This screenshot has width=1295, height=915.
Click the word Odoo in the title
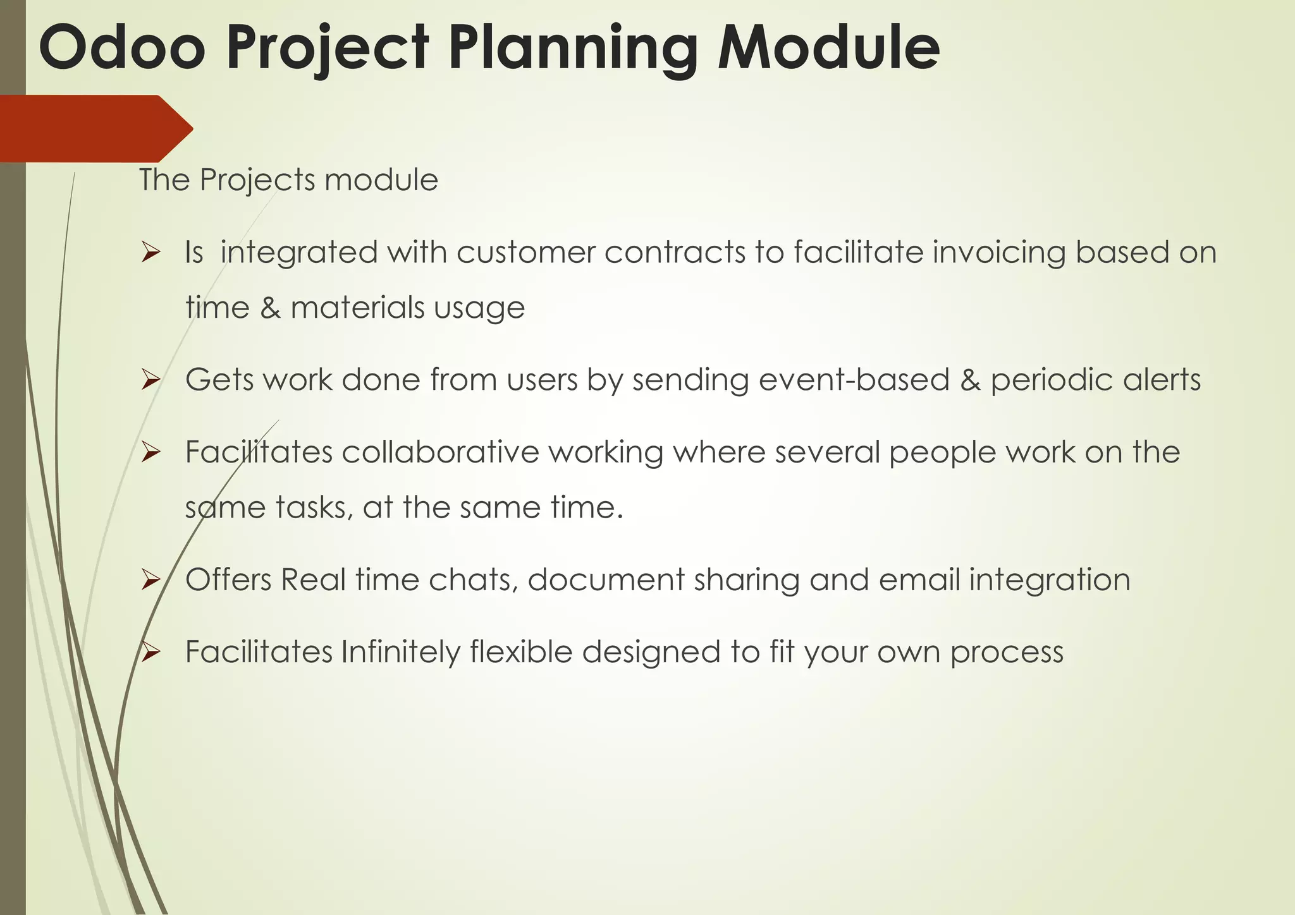(121, 48)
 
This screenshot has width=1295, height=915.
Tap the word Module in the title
(828, 48)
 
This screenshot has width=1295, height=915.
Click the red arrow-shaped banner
(95, 129)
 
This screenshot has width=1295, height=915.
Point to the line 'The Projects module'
(288, 180)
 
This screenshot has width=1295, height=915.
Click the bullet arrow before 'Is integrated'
(150, 253)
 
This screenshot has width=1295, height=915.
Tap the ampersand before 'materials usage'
(270, 308)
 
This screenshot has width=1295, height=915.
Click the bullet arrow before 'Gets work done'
(150, 380)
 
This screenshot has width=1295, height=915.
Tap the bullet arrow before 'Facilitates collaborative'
(150, 452)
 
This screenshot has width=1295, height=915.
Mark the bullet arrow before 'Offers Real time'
(150, 580)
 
